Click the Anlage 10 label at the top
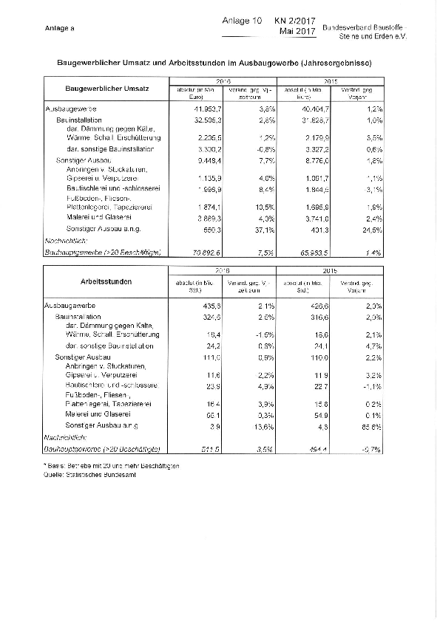coord(242,22)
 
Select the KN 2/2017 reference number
coord(296,22)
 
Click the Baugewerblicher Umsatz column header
coord(108,89)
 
